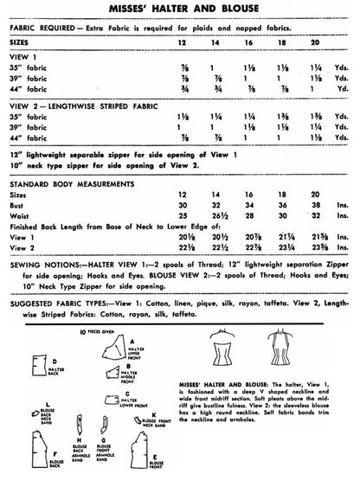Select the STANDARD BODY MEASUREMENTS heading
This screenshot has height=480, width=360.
(69, 208)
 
